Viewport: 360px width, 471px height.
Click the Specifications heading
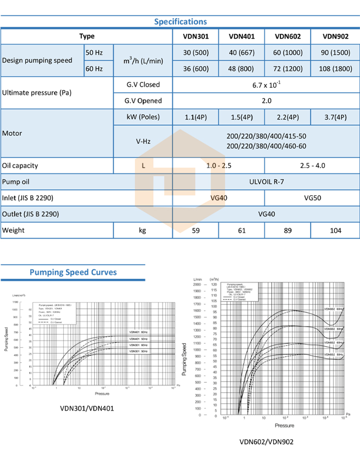point(180,22)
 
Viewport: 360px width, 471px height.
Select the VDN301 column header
point(195,36)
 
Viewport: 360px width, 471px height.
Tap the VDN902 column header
point(336,36)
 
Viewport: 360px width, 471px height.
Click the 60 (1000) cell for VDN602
point(288,52)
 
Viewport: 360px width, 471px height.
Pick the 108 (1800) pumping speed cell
point(336,69)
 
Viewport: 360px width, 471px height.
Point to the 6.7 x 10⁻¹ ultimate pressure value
point(266,85)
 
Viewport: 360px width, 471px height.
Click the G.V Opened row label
point(143,101)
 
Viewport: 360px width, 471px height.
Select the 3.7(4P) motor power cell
point(336,117)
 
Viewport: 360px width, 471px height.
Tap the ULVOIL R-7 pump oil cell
point(266,182)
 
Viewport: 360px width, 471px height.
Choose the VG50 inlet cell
point(312,198)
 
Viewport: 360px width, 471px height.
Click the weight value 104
point(336,230)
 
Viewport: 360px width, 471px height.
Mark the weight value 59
point(195,230)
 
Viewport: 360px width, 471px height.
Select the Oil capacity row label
point(20,166)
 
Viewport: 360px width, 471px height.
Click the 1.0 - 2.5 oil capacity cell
point(218,166)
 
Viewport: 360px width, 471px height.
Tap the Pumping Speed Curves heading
point(73,272)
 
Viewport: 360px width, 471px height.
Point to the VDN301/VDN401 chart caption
point(87,409)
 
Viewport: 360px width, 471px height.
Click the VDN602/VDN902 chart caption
point(266,442)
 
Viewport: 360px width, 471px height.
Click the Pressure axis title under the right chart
point(284,425)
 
